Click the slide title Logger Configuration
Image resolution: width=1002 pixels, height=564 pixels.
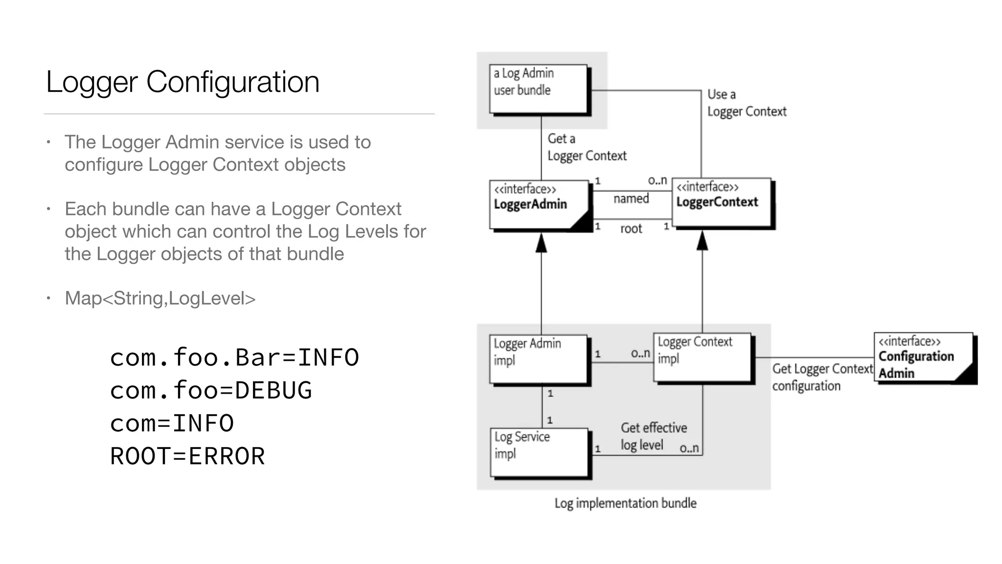[x=182, y=82]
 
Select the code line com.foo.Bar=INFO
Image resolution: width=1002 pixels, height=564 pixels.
[x=234, y=357]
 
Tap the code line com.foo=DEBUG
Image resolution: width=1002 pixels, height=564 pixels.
[x=210, y=390]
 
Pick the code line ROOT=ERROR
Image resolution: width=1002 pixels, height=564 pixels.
[x=187, y=456]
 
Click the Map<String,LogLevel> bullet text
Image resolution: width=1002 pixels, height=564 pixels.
[x=160, y=298]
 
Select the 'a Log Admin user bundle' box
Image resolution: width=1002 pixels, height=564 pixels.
[x=538, y=89]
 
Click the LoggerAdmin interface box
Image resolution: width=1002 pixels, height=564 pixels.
[x=538, y=204]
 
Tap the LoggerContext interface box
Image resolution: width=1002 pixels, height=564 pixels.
[x=721, y=202]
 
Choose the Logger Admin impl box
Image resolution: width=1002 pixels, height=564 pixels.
[x=538, y=359]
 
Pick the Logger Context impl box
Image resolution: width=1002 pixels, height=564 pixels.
[x=702, y=357]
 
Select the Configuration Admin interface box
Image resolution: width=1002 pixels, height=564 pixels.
[x=923, y=357]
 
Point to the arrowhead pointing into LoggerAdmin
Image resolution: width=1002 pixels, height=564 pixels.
[x=541, y=243]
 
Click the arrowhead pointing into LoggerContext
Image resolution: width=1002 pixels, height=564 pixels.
[x=702, y=241]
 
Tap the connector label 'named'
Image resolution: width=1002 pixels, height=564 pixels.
[x=631, y=199]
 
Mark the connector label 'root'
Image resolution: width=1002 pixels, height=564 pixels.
[x=631, y=229]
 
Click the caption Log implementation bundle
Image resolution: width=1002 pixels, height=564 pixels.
[x=625, y=503]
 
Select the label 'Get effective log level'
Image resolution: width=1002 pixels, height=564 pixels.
[x=653, y=436]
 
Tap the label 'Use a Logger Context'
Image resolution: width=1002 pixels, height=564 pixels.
[x=746, y=103]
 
